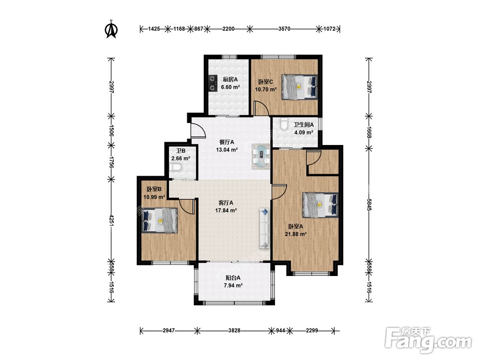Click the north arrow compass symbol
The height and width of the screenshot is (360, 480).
click(111, 29)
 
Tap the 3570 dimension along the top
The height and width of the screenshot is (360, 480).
click(284, 29)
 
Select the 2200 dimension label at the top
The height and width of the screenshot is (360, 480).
click(228, 29)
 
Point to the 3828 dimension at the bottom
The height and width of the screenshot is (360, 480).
click(234, 331)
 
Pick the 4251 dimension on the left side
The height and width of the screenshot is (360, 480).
click(111, 219)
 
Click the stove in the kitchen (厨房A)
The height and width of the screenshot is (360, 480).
click(213, 83)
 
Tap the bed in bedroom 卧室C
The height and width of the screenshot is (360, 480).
click(300, 87)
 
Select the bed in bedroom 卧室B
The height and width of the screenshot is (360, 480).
click(160, 220)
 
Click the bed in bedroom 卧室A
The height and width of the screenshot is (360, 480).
click(320, 205)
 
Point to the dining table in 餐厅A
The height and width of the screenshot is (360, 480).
click(262, 156)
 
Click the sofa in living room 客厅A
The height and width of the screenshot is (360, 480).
click(264, 228)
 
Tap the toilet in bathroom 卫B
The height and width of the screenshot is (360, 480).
click(177, 168)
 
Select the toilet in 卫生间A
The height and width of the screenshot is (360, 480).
click(284, 123)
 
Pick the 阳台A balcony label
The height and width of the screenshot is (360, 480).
click(233, 278)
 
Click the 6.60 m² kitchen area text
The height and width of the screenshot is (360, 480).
click(230, 87)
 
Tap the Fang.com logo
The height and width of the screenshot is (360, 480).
click(428, 340)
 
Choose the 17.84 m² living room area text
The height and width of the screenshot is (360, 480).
click(226, 211)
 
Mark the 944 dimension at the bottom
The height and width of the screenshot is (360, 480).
click(280, 331)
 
